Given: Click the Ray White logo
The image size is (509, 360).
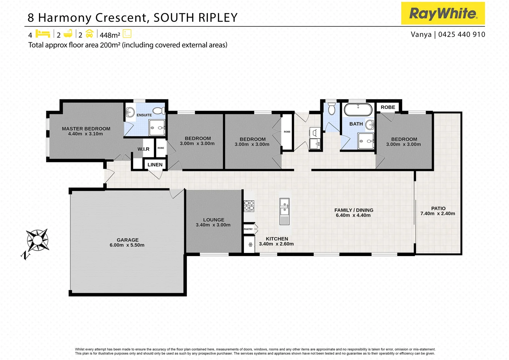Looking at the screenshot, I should (443, 13).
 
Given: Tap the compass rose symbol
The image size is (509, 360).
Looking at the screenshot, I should (37, 240).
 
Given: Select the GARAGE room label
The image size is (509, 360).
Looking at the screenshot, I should (127, 240).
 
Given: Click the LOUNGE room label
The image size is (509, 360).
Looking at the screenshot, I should (214, 220).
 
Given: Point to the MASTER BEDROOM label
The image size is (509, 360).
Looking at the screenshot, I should (86, 129).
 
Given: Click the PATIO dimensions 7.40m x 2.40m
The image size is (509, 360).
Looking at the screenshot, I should (437, 214).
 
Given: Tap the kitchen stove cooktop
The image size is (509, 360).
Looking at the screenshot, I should (249, 206).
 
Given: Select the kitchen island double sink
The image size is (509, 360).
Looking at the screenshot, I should (284, 207).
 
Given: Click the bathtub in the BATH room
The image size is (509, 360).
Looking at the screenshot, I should (358, 110).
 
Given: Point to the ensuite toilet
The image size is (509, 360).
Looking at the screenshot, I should (159, 111).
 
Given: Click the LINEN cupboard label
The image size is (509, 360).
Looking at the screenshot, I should (155, 165).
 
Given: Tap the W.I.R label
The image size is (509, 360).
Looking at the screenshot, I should (144, 149).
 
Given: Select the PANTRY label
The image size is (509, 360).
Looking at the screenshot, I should (248, 229).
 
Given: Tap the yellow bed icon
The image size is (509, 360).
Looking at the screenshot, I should (43, 34).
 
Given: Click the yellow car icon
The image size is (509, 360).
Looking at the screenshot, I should (89, 34).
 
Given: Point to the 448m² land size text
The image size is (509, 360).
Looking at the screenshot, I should (110, 35).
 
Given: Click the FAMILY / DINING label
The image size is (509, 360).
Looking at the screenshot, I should (353, 210).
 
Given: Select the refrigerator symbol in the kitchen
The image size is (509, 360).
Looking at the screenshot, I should (250, 245).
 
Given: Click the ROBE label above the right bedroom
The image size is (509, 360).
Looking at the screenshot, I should (388, 107).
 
